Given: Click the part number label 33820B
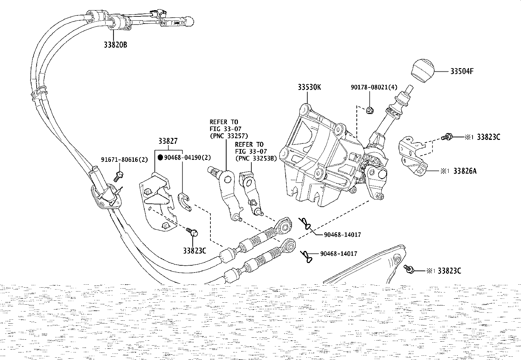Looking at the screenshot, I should [115, 45].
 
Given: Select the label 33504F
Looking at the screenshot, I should [462, 71].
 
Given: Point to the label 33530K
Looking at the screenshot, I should [309, 87].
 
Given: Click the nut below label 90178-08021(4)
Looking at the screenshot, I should [370, 110].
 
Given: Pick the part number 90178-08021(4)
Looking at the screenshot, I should [374, 87].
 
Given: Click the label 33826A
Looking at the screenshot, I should [465, 171].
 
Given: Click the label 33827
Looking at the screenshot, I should [168, 141].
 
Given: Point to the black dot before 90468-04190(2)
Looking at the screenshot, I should [160, 158].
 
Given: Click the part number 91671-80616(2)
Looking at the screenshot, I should [124, 160].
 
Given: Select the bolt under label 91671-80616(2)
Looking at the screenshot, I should [118, 176].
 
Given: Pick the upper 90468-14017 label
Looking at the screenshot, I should [342, 235].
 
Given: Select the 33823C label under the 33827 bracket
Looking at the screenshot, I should [195, 251].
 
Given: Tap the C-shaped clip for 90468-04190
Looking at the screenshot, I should [185, 202].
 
